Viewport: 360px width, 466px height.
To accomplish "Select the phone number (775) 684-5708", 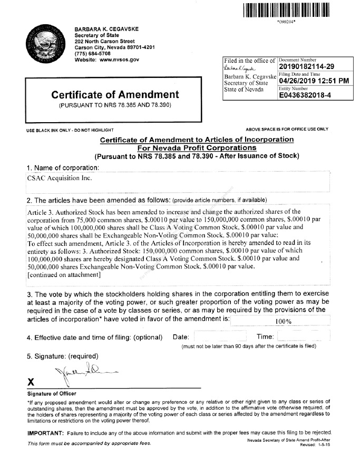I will [93, 53].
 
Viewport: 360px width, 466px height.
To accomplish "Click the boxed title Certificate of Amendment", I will [115, 95].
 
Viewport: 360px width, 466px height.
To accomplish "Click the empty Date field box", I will [219, 336].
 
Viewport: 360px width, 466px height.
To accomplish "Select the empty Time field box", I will [303, 336].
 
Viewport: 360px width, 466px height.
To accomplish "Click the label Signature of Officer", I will [52, 394].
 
